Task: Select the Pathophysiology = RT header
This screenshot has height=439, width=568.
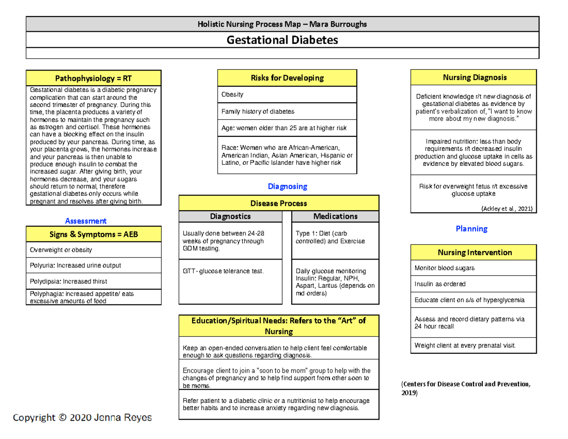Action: [x=94, y=78]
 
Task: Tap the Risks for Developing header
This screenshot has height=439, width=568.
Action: [x=287, y=78]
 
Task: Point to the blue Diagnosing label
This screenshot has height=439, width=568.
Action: [x=287, y=187]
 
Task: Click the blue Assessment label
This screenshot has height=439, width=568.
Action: [x=86, y=221]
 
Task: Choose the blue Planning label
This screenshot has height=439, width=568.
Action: [x=471, y=229]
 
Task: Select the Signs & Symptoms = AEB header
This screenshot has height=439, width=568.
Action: [x=94, y=234]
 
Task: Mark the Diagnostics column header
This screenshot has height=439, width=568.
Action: [x=230, y=216]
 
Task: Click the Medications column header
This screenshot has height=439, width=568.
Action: [x=335, y=216]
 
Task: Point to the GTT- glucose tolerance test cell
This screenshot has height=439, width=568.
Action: [x=222, y=271]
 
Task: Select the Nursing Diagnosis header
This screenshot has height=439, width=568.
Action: [x=473, y=77]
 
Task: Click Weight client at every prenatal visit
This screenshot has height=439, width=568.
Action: [x=465, y=345]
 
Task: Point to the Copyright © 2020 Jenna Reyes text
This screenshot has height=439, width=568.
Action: [x=82, y=418]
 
